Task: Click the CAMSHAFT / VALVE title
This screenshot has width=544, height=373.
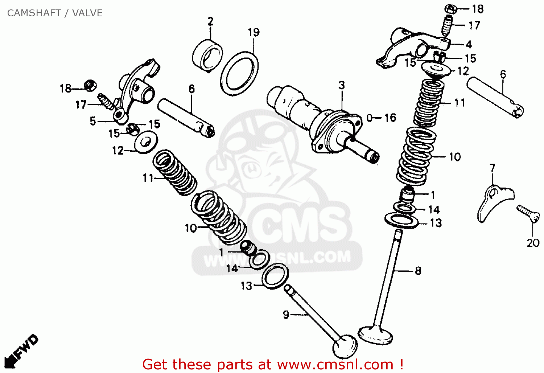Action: click(x=55, y=13)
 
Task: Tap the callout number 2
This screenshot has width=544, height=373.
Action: click(x=210, y=21)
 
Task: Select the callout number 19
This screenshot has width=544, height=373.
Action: click(x=254, y=33)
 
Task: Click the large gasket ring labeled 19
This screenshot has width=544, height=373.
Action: click(x=240, y=73)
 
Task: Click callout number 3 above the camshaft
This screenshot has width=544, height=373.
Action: click(x=342, y=86)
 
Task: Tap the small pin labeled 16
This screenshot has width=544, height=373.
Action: click(x=370, y=118)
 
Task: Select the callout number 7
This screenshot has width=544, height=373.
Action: click(x=492, y=168)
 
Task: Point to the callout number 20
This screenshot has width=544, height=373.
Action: click(x=533, y=243)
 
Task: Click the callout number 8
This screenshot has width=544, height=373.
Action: click(x=418, y=271)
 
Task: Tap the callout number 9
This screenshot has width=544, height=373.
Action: click(x=286, y=314)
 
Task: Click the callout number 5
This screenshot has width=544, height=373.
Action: click(x=93, y=121)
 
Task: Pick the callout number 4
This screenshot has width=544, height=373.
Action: click(x=469, y=44)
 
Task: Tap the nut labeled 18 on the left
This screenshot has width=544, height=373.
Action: click(x=90, y=85)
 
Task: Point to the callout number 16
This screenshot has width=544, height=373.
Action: click(x=390, y=118)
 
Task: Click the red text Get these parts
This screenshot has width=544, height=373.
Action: click(x=273, y=364)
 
